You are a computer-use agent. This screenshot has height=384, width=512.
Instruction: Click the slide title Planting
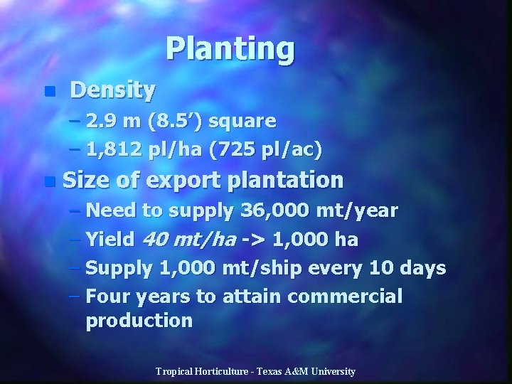coord(230,50)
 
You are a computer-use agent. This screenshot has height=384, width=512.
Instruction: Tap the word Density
coord(112,90)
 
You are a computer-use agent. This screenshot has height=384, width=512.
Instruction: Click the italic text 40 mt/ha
coord(189,240)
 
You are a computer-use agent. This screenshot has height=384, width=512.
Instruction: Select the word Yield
coord(110,240)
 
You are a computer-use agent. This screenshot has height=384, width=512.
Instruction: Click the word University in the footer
coord(331,372)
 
